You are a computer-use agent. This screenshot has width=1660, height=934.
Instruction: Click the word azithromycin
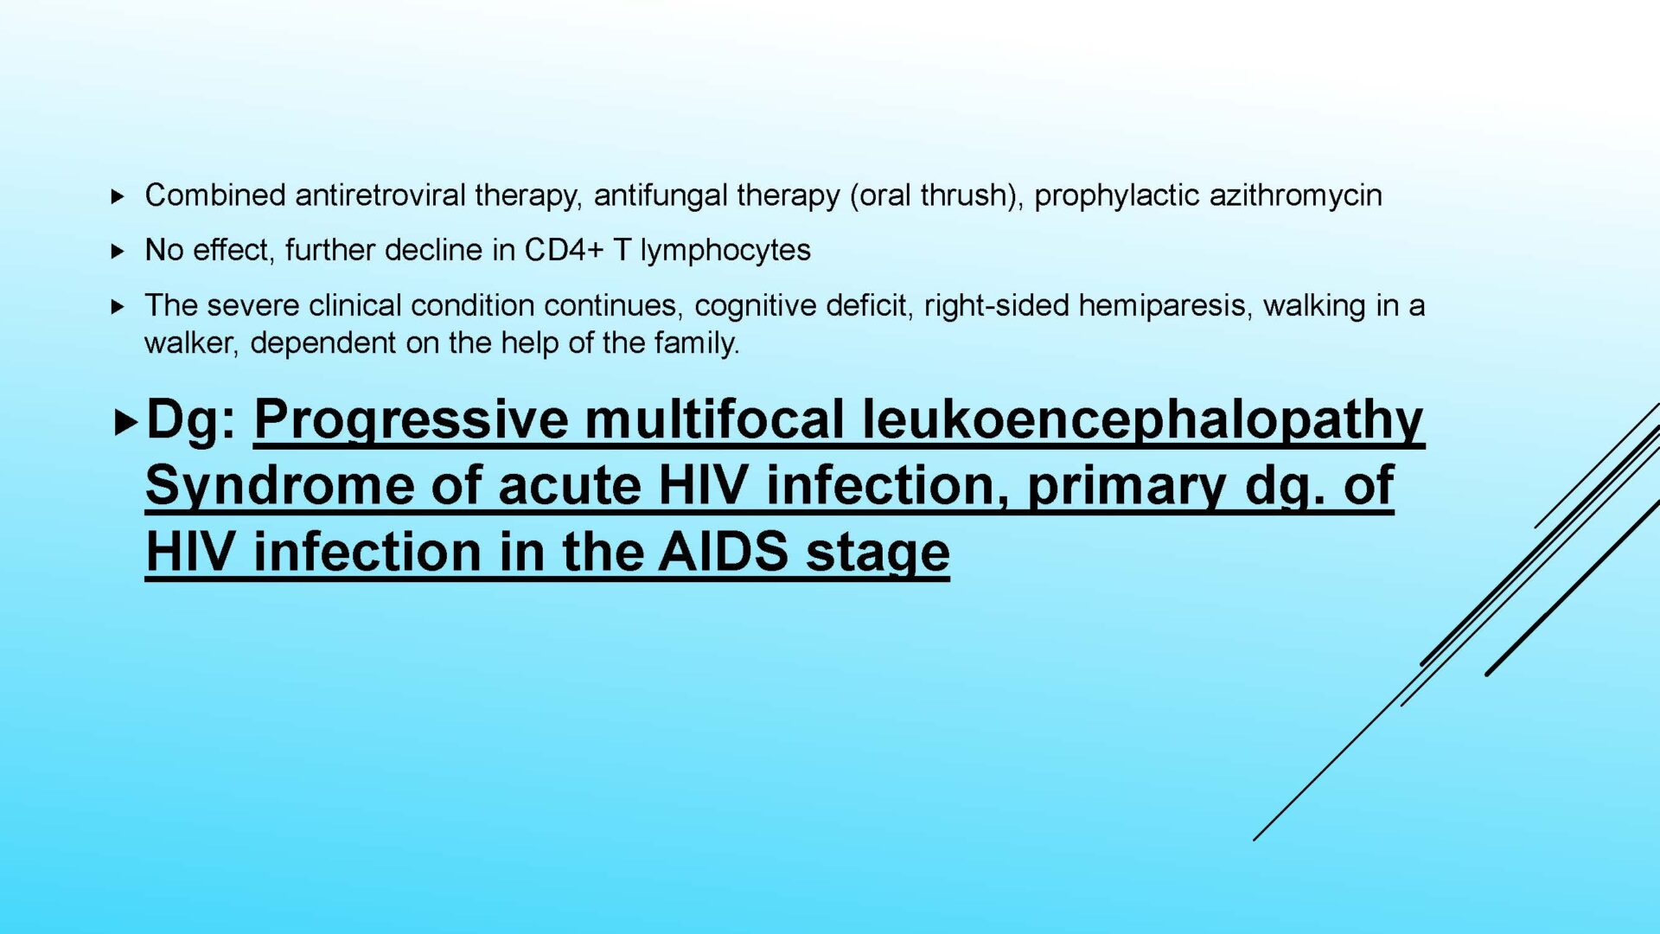pos(1295,196)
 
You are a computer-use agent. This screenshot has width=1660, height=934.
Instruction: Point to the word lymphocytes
pos(725,251)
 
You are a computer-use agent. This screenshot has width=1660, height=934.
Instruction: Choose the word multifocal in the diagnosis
pos(713,419)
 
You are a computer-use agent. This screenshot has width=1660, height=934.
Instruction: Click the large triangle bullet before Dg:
pos(125,423)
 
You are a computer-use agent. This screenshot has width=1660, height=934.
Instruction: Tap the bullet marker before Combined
pos(118,197)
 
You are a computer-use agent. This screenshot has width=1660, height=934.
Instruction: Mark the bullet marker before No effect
pos(118,252)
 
